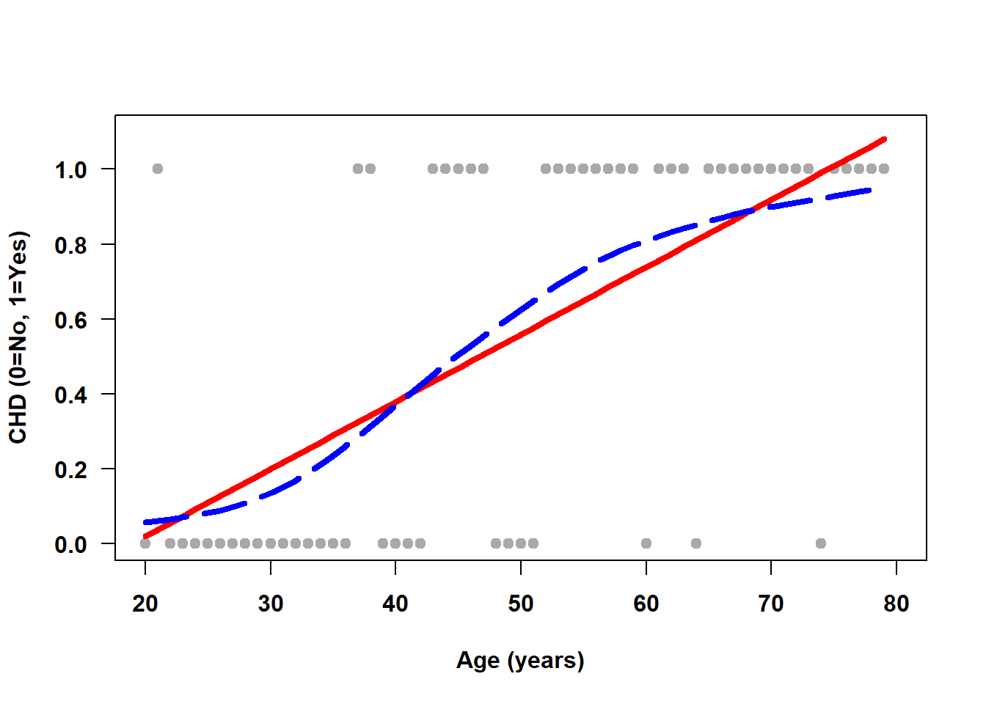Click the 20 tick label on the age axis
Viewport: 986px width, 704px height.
(x=145, y=604)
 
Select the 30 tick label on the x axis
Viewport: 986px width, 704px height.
(x=271, y=604)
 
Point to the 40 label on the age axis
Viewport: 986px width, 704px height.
(x=395, y=604)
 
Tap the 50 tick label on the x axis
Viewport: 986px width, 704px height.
(x=521, y=604)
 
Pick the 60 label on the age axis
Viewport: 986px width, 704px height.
(x=646, y=604)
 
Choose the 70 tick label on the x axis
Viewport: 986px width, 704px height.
(x=771, y=604)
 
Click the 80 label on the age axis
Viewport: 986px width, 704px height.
(x=896, y=604)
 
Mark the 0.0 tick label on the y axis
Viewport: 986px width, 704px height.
(x=70, y=544)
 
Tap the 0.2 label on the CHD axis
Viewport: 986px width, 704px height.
(x=70, y=469)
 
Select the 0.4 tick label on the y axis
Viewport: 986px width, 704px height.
(x=70, y=395)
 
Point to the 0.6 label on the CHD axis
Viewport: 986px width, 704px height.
(x=70, y=320)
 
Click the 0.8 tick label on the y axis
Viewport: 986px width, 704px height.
(x=70, y=245)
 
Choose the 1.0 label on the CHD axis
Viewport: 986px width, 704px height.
(x=70, y=170)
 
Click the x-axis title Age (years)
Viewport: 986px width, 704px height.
(x=520, y=660)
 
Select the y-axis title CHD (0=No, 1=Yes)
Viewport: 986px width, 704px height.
(x=18, y=337)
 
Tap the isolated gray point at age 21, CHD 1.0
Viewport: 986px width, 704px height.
(x=158, y=169)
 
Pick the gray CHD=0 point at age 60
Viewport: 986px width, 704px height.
(x=646, y=543)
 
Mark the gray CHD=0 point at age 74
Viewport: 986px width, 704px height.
(x=821, y=543)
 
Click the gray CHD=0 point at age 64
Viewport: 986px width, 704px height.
(x=696, y=543)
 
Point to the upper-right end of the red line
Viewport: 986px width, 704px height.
(x=885, y=139)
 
